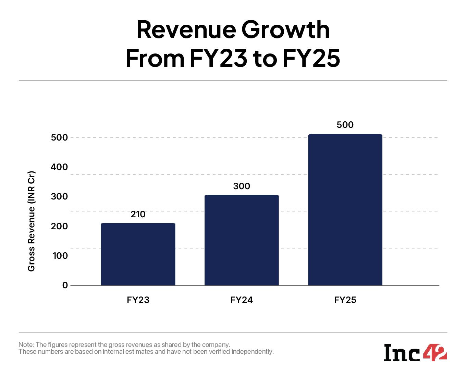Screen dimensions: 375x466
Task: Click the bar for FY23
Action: [x=138, y=254]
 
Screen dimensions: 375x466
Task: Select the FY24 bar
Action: [x=242, y=240]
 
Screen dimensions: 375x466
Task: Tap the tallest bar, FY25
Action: [x=345, y=209]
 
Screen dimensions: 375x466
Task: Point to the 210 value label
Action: [x=138, y=214]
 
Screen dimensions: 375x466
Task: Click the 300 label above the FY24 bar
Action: [x=242, y=186]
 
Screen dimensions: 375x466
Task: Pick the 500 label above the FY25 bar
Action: [x=345, y=125]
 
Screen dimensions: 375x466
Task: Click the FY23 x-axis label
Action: [x=138, y=300]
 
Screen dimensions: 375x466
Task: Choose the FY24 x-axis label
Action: [x=242, y=300]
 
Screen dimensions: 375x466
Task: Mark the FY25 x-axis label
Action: [x=345, y=300]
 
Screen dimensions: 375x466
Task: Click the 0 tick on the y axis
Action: [x=65, y=285]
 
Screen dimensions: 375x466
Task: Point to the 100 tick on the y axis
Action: [x=60, y=256]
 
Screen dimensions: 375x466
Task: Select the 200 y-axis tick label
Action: [x=59, y=226]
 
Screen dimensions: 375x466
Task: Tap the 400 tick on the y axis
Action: [x=59, y=167]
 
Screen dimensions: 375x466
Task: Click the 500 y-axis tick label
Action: [x=59, y=137]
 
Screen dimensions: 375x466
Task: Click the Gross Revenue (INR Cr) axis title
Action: [x=32, y=221]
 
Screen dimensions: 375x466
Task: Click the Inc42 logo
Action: [x=415, y=352]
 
